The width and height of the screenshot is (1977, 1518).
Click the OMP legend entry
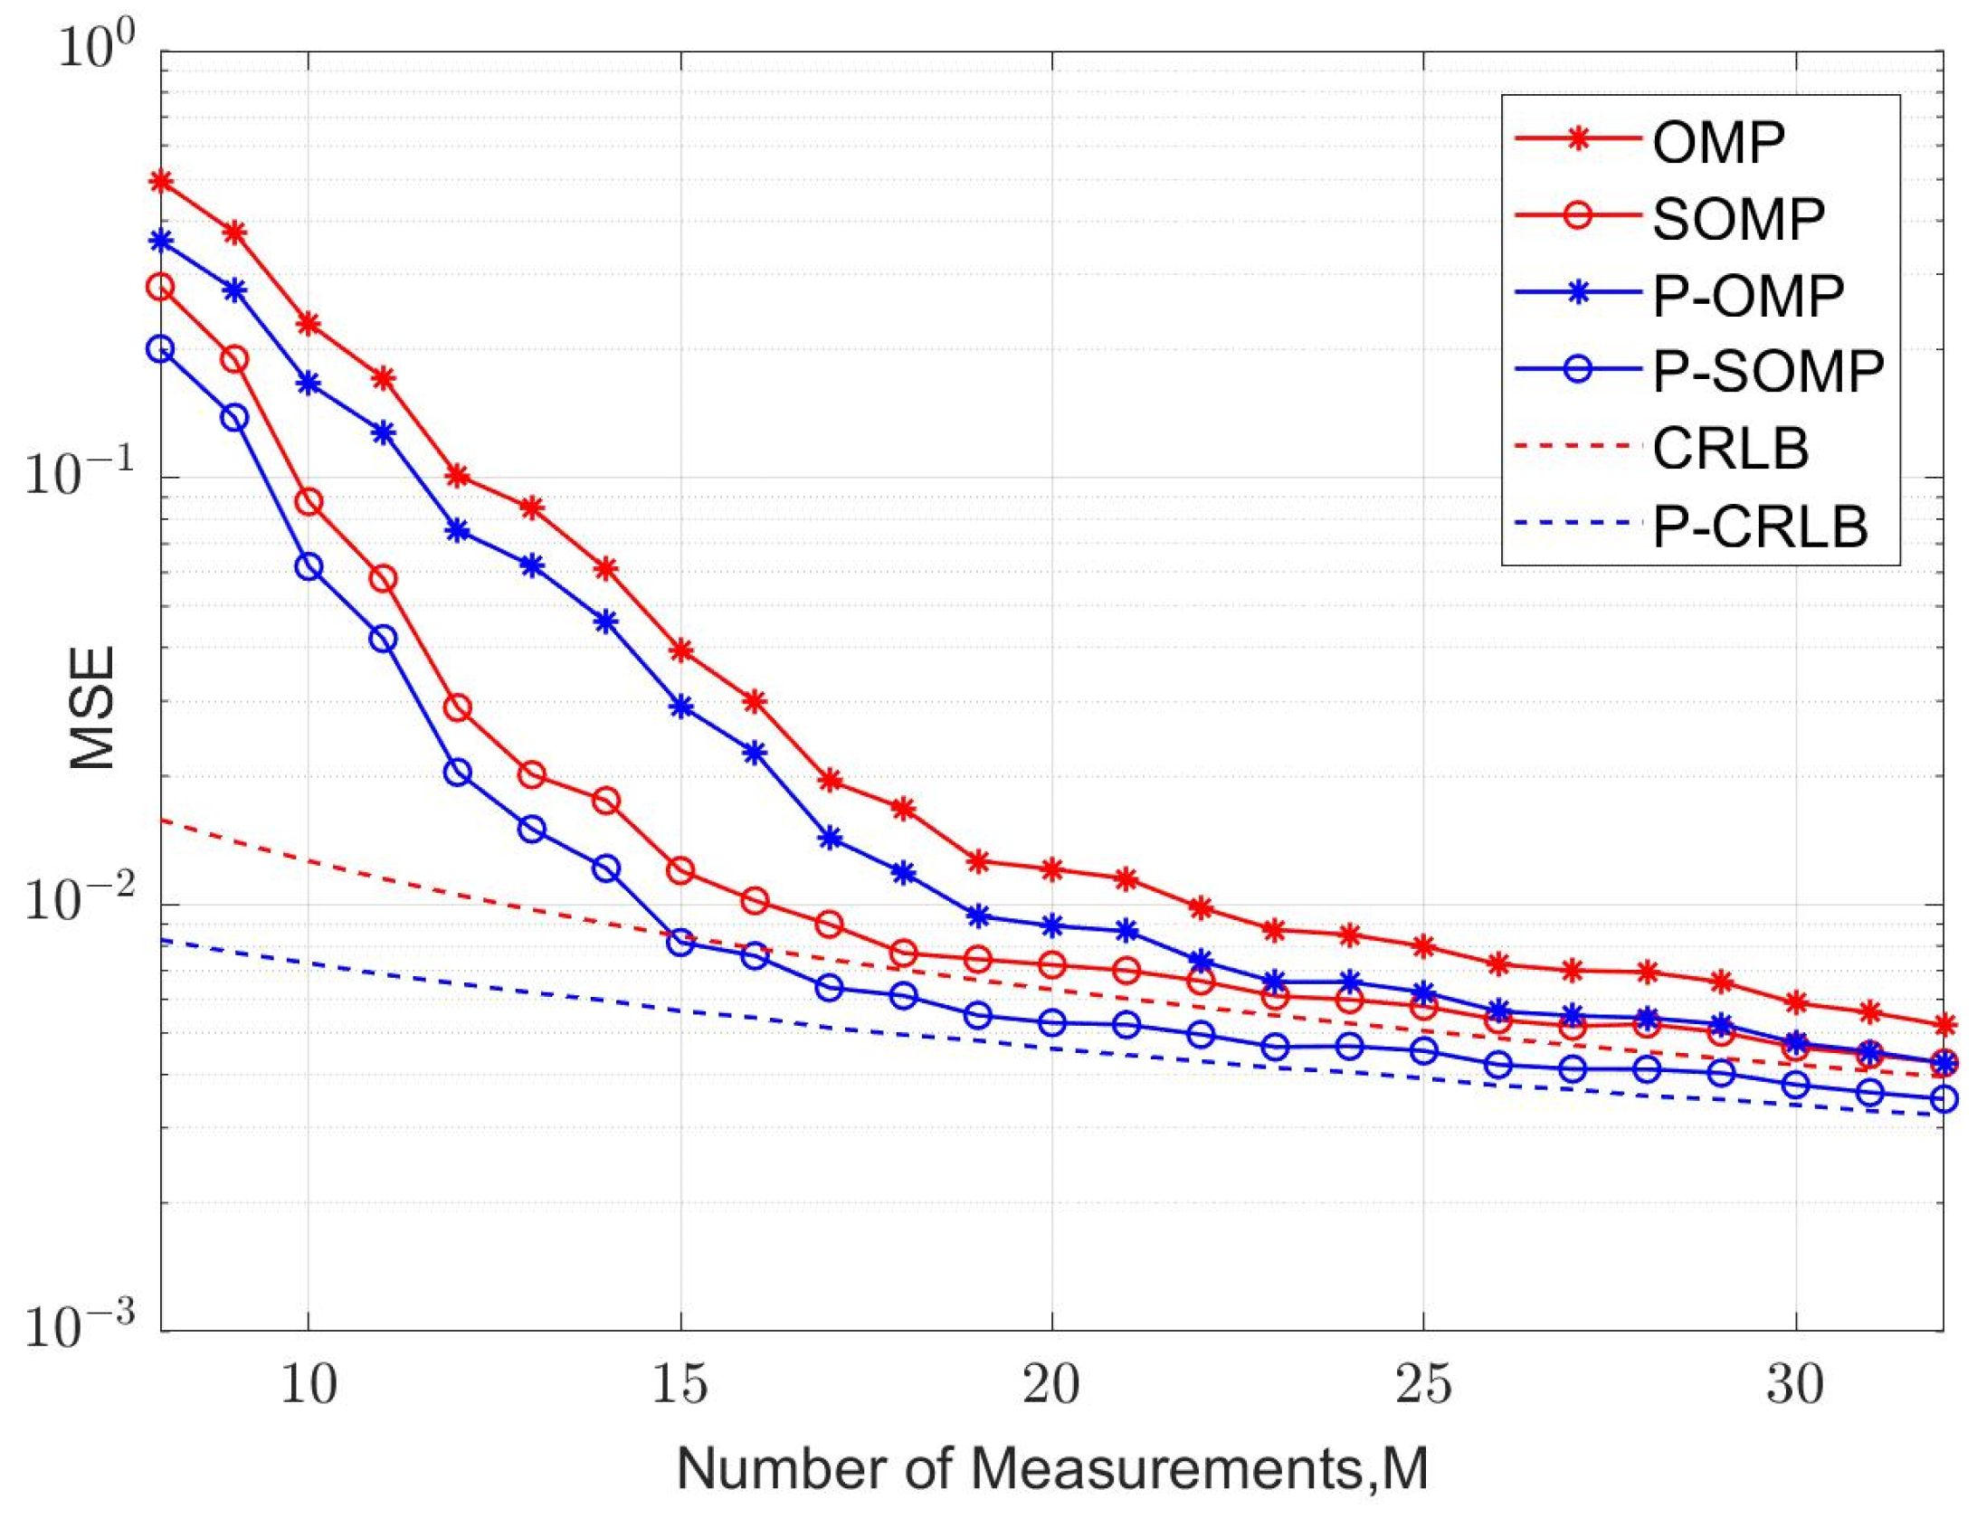1717,141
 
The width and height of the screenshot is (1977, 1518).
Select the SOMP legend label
1737,218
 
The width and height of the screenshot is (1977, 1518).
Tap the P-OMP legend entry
1747,295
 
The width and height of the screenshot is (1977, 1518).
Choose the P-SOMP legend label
1767,371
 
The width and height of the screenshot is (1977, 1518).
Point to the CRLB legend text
1729,448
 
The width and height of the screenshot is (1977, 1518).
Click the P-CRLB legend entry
1759,526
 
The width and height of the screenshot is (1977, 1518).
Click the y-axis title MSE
92,707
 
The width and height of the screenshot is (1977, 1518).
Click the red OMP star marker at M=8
161,181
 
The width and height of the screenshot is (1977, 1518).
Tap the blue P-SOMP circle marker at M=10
309,567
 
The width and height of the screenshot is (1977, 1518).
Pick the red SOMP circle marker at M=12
458,707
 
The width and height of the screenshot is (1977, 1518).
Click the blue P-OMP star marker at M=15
680,707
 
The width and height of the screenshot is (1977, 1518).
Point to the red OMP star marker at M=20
1051,869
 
